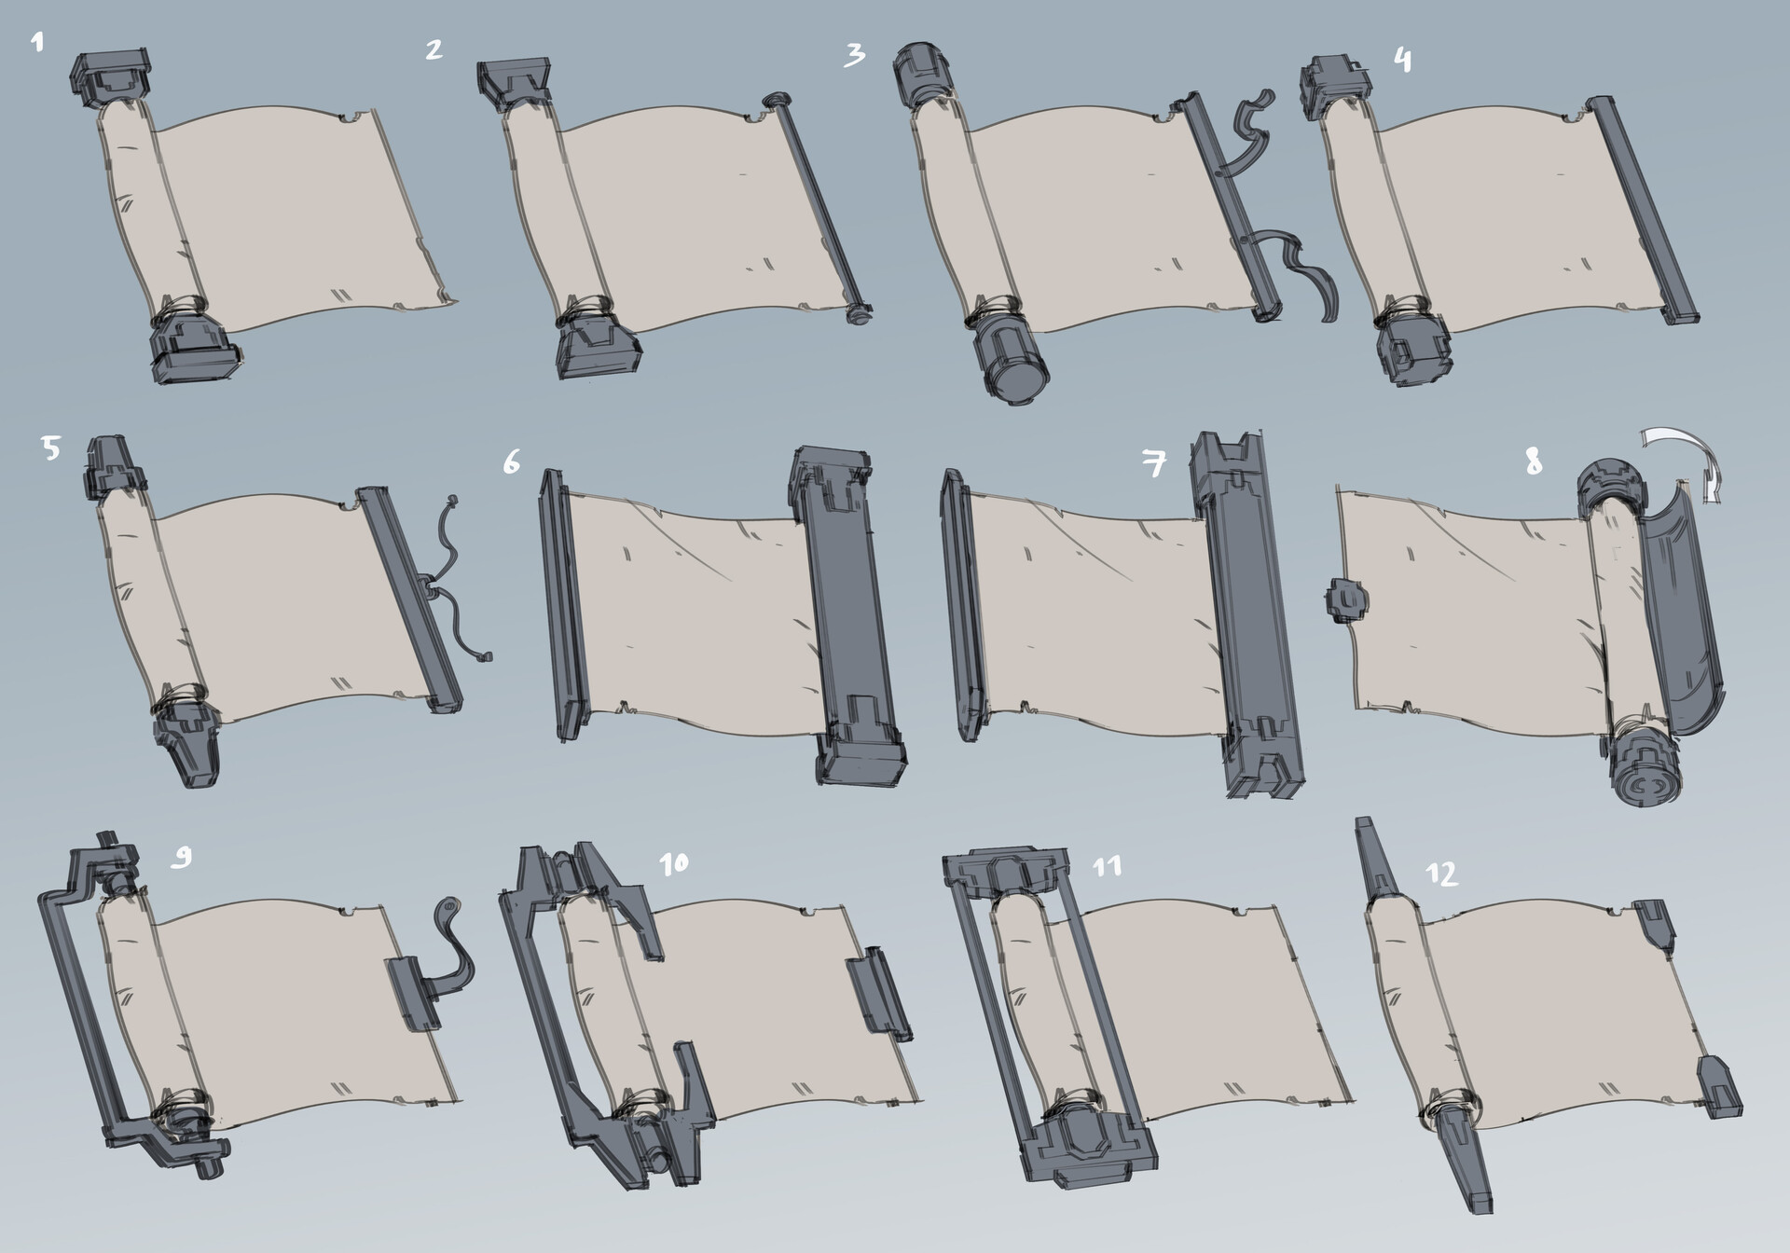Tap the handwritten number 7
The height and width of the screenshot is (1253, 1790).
coord(1155,461)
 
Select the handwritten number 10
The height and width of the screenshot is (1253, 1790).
coord(673,863)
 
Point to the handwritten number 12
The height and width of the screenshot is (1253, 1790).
coord(1441,874)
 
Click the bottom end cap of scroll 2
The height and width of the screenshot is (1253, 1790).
coord(597,344)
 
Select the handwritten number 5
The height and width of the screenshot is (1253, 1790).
coord(50,449)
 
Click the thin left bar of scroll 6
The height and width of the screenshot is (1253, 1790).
coord(565,606)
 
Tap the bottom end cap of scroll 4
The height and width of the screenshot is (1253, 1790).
coord(1411,350)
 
